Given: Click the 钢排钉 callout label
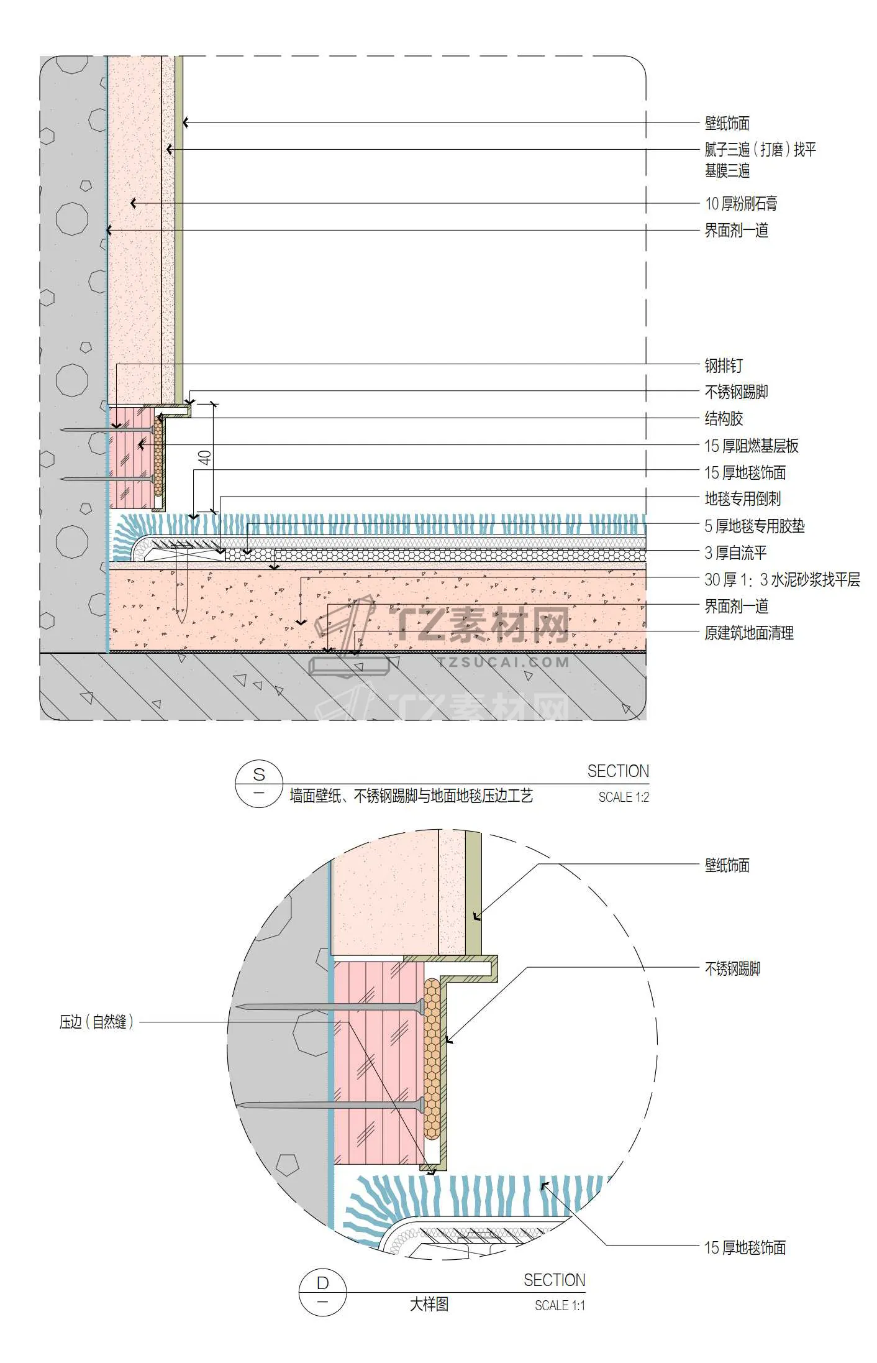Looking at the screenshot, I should pyautogui.click(x=723, y=365).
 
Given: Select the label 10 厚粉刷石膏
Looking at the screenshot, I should pyautogui.click(x=741, y=203).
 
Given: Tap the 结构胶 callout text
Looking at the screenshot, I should pyautogui.click(x=724, y=418).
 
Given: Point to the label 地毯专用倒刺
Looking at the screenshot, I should pyautogui.click(x=742, y=498).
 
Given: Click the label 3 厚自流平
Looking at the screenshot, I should pyautogui.click(x=735, y=553).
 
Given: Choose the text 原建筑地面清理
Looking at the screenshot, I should pyautogui.click(x=749, y=633).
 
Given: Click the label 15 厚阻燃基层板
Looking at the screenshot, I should pyautogui.click(x=751, y=446).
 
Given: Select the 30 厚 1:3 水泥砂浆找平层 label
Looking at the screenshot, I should pyautogui.click(x=782, y=579).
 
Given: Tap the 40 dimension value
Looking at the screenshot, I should pyautogui.click(x=205, y=458).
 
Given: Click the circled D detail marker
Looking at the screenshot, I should pyautogui.click(x=322, y=1292).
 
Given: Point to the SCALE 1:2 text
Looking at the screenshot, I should pyautogui.click(x=624, y=797).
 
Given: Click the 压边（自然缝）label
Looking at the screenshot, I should pyautogui.click(x=96, y=1022).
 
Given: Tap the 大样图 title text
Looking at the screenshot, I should pyautogui.click(x=429, y=1304).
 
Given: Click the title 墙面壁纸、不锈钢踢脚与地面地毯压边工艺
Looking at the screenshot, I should pyautogui.click(x=411, y=796).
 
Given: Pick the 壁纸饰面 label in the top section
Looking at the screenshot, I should pyautogui.click(x=727, y=123).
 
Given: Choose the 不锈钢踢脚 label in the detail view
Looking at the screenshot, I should pyautogui.click(x=732, y=968).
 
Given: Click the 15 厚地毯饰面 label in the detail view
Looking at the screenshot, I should pyautogui.click(x=745, y=1247).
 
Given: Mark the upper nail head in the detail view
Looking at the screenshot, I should pyautogui.click(x=422, y=1005).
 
